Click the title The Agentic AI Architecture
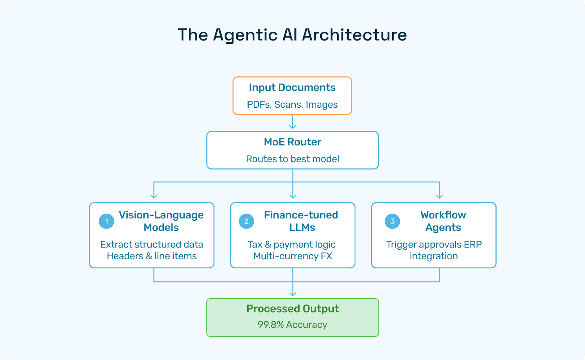[x=292, y=35]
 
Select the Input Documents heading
[x=292, y=88]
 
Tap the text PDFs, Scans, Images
[x=292, y=105]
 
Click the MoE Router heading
[x=292, y=142]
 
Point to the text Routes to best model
[x=292, y=159]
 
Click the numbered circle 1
[x=106, y=221]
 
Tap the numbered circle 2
[x=246, y=221]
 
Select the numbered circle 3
[x=392, y=221]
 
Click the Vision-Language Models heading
[x=161, y=221]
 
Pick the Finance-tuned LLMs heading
[x=301, y=221]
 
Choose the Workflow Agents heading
[x=443, y=221]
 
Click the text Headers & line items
[x=152, y=256]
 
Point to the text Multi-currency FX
[x=293, y=256]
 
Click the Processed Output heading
[x=292, y=309]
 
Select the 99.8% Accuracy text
[x=292, y=325]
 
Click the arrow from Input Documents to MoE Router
[x=292, y=122]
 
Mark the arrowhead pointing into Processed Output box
[x=292, y=294]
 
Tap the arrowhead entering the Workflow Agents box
[x=439, y=196]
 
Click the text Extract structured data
[x=152, y=245]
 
